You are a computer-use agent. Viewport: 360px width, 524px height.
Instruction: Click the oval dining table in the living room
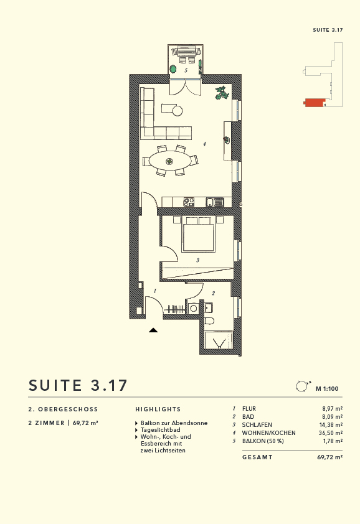point(169,161)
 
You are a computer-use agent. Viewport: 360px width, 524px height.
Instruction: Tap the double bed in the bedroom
point(198,235)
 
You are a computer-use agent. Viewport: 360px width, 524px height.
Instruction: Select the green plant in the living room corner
point(221,93)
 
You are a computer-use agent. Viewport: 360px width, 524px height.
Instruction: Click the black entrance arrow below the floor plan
point(153,330)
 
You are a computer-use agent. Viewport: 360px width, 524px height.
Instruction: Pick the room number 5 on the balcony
point(186,71)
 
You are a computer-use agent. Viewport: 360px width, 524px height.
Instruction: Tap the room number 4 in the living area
point(204,144)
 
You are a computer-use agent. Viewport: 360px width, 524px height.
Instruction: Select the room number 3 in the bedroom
point(197,260)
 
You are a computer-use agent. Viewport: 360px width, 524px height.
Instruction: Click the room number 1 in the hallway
point(154,291)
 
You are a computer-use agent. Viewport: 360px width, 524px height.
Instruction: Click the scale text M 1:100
point(326,389)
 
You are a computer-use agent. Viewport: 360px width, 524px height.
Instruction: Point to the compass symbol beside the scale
point(302,386)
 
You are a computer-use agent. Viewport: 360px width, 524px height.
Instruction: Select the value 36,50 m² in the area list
point(330,433)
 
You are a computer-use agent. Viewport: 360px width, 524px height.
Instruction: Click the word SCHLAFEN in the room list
point(257,425)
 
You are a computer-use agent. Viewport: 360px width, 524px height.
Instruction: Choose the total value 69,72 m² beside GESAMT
point(329,457)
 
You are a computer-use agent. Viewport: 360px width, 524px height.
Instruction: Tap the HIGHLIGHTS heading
point(158,409)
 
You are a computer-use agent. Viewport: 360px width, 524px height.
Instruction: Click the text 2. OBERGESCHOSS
point(64,409)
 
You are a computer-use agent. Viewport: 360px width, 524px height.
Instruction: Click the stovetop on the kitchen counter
point(189,202)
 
